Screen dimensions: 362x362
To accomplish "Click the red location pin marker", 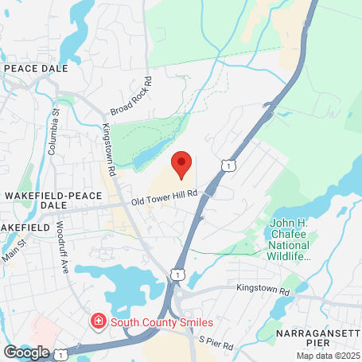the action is pos(182,163).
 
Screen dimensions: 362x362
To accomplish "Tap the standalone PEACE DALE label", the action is pos(37,69).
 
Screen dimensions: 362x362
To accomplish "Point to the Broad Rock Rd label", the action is pos(131,97).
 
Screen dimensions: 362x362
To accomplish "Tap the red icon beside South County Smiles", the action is pos(97,321).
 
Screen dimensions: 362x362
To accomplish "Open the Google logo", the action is pos(26,352).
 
